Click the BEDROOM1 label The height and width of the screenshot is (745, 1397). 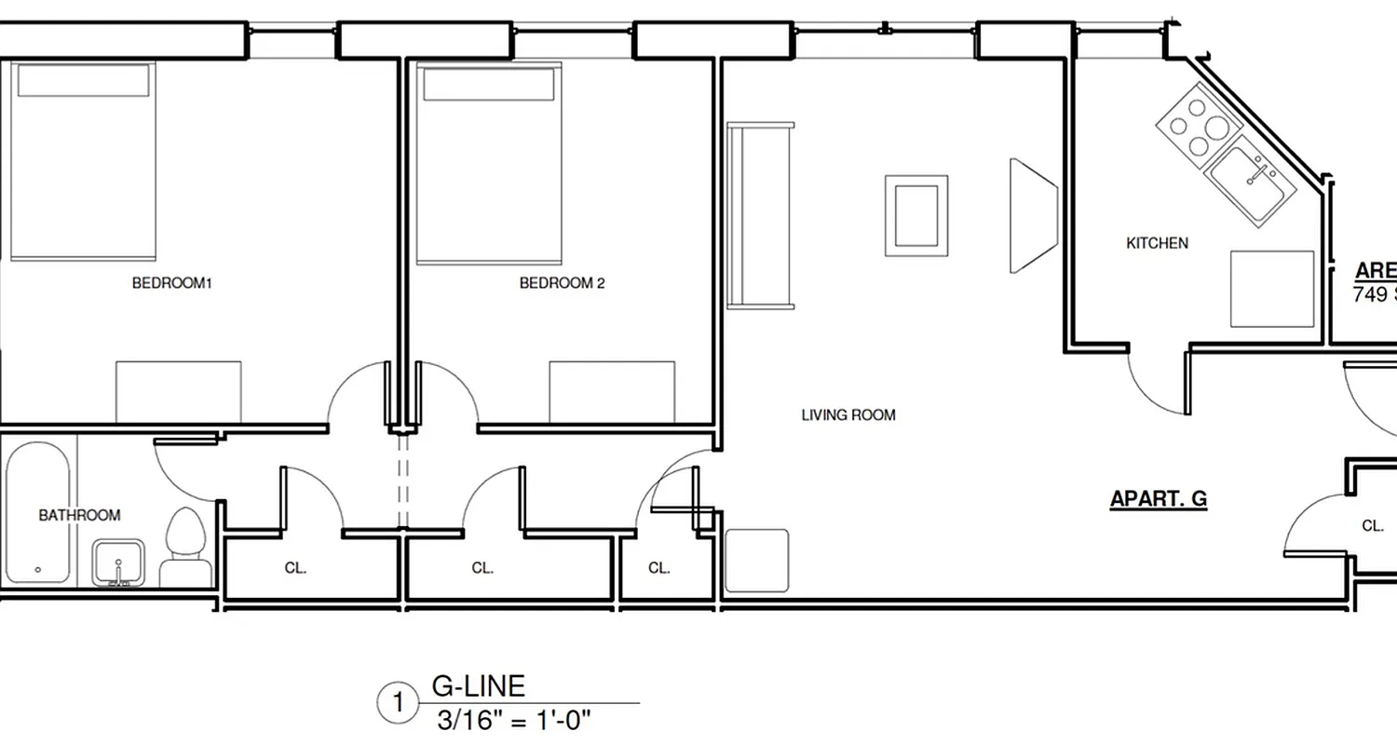(172, 283)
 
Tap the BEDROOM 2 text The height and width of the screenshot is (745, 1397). (562, 283)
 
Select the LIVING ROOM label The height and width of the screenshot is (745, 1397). (848, 415)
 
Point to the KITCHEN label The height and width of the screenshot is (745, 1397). (1157, 243)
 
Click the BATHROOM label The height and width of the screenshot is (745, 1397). (79, 515)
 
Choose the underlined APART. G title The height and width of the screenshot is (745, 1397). (1158, 499)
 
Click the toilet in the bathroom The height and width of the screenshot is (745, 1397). (183, 549)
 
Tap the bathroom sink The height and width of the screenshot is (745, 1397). (117, 562)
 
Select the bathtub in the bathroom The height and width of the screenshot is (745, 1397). (37, 511)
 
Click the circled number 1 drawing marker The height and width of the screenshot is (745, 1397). (399, 703)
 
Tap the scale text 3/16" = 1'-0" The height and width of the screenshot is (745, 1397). (514, 721)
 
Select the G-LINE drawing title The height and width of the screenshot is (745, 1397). (479, 686)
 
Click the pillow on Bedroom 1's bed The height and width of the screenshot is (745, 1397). (84, 81)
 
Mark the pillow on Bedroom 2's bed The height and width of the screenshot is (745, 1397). (489, 84)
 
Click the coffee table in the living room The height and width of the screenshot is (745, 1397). (916, 215)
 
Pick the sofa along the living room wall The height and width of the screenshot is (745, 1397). (760, 215)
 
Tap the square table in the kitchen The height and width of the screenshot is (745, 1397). (1272, 289)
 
